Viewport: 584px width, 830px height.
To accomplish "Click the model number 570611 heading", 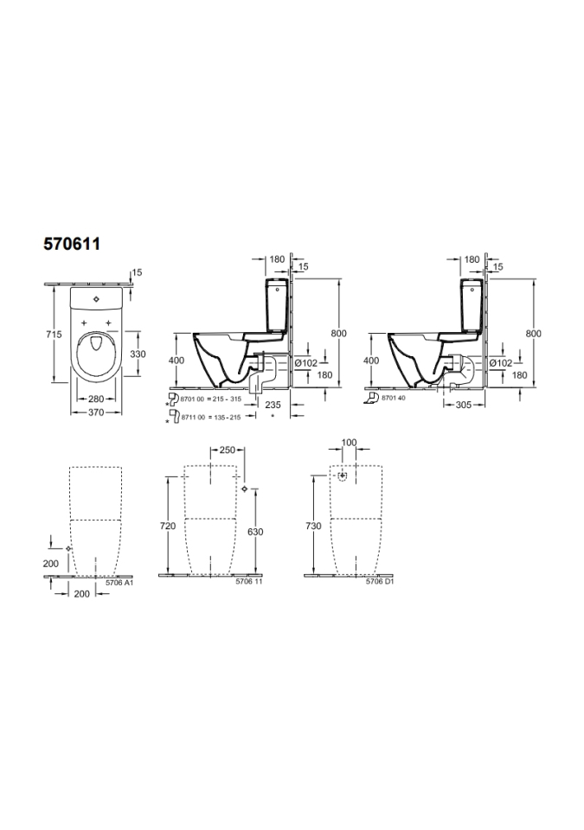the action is click(72, 244).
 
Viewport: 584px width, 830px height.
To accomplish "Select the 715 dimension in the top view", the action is click(54, 334).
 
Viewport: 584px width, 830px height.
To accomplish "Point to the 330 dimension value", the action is click(138, 354).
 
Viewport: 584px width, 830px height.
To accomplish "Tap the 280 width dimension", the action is click(96, 399).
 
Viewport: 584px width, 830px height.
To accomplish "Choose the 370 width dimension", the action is click(96, 412).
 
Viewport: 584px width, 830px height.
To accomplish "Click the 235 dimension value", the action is click(273, 405).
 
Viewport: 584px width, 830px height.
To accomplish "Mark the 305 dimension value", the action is click(464, 405).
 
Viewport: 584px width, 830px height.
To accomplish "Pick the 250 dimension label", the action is click(227, 450).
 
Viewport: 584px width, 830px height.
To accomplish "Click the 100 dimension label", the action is click(350, 443).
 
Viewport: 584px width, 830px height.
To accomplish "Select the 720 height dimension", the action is click(168, 526).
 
